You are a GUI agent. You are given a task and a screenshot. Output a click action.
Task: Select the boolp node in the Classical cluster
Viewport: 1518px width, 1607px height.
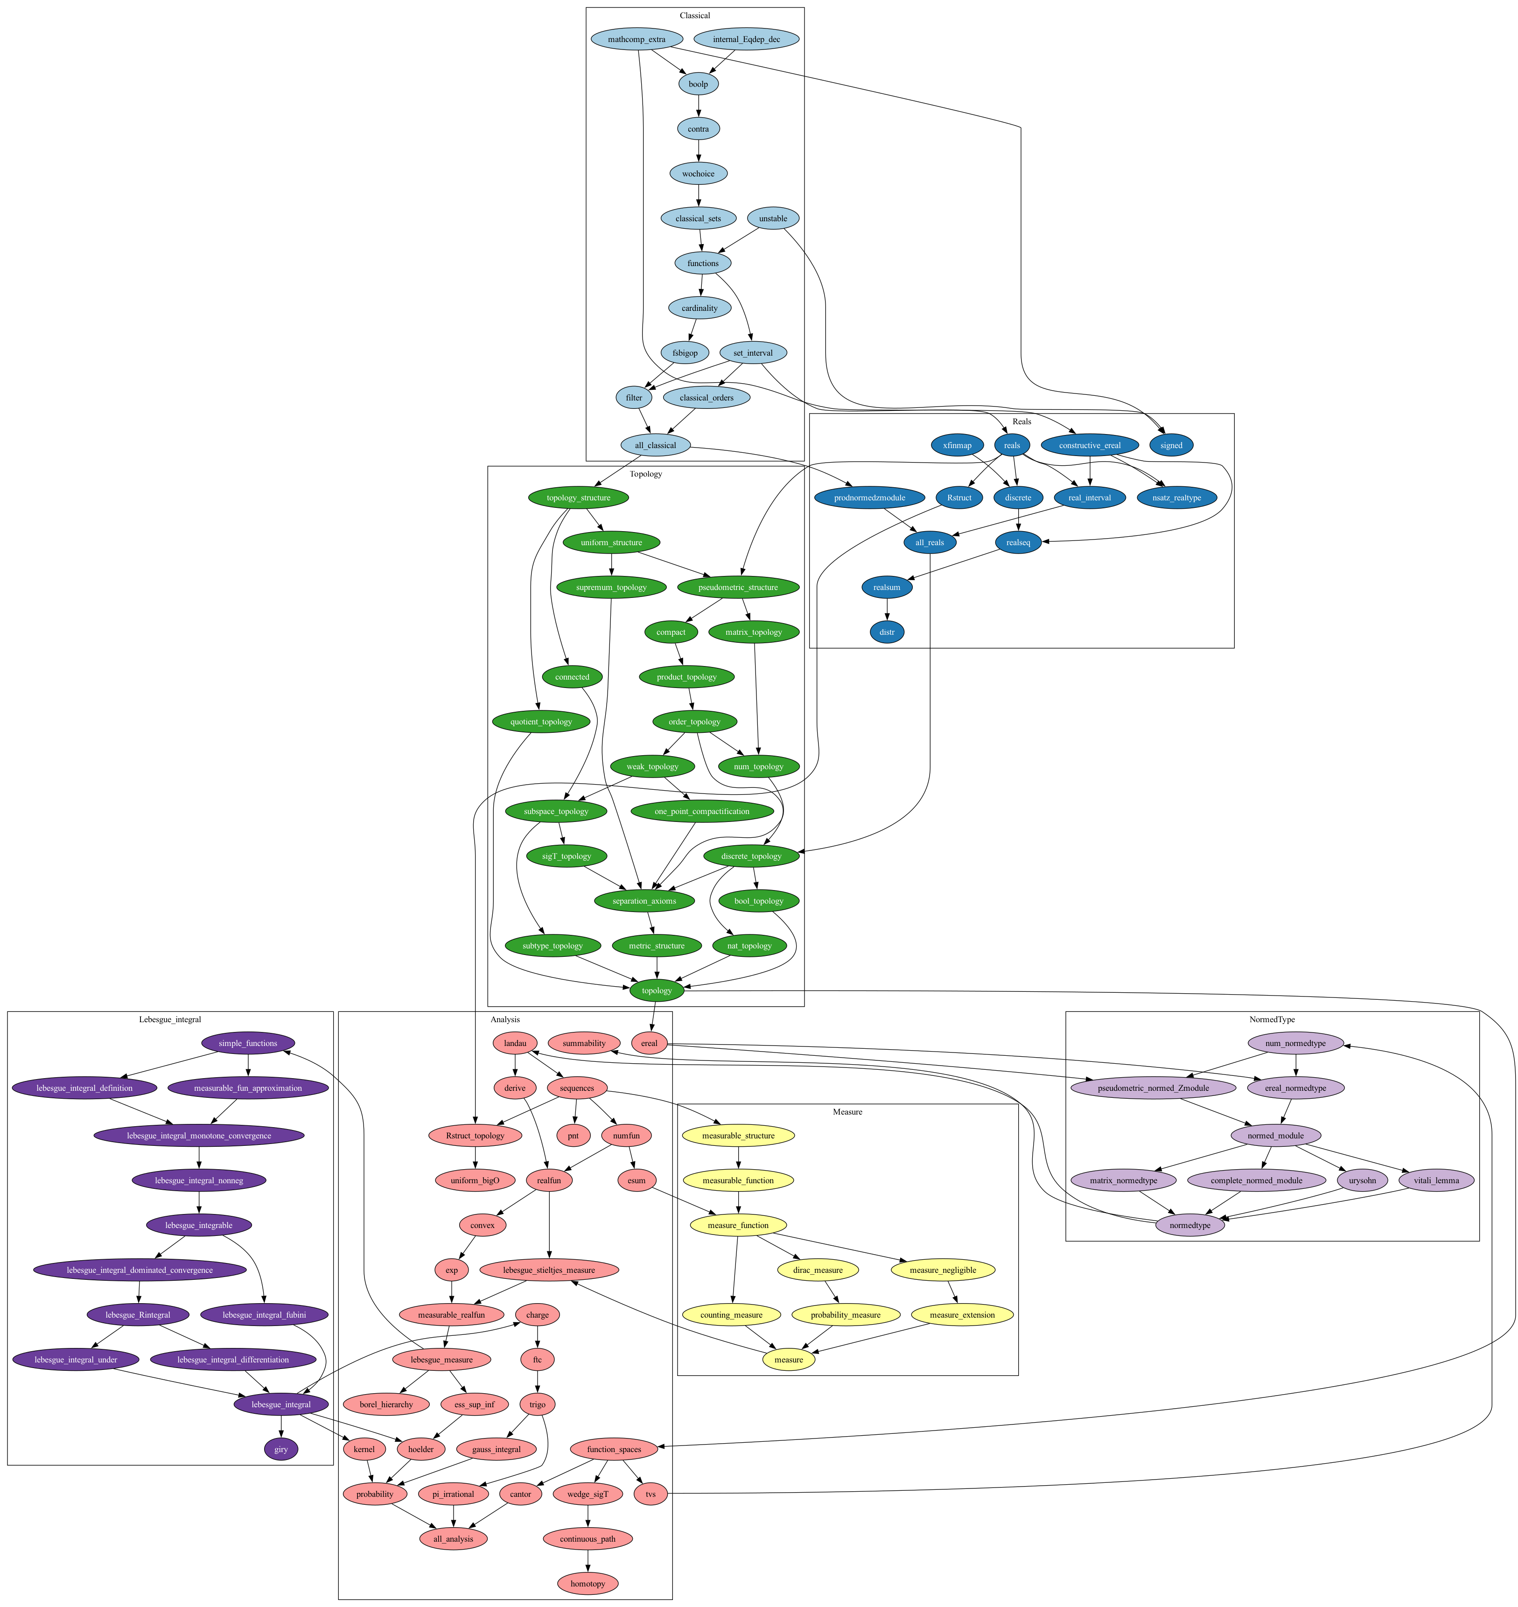[x=698, y=84]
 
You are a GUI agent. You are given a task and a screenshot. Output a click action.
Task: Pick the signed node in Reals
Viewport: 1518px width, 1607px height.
[x=1171, y=445]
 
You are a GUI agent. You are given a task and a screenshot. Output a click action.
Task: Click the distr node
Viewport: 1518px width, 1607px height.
[x=888, y=632]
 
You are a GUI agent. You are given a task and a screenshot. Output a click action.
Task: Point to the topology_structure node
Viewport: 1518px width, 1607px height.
[x=579, y=498]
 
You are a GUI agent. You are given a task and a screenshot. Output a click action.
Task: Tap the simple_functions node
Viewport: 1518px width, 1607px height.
[x=248, y=1043]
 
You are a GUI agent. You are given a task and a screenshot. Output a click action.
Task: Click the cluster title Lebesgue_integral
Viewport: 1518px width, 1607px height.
[x=170, y=1019]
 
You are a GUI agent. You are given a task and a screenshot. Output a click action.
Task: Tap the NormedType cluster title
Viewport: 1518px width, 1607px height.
[x=1272, y=1019]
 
